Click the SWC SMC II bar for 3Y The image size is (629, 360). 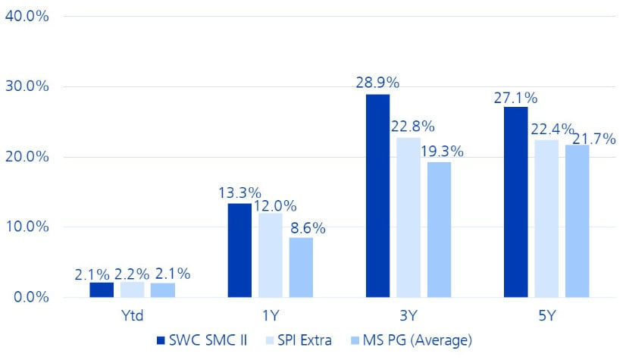377,196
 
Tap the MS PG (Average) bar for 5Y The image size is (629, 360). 577,221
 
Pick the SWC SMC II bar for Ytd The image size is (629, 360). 102,290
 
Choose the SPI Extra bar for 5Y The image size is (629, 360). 546,218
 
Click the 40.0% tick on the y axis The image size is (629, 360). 27,16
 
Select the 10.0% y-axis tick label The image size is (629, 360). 27,227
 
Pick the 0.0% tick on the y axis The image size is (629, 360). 30,296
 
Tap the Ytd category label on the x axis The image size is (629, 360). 132,315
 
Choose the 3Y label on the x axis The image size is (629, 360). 408,315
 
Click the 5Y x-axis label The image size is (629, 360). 546,315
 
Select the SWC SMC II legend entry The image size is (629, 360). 201,340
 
